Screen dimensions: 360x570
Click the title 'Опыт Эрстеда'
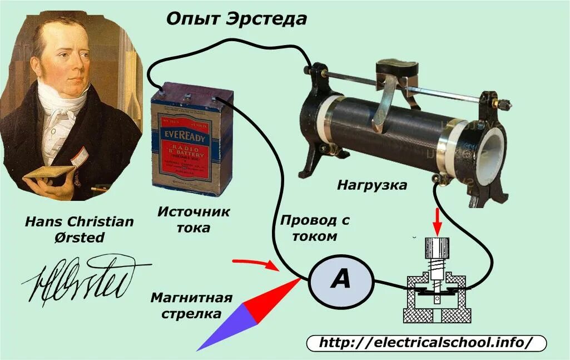[236, 18]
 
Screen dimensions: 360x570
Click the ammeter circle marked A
[340, 280]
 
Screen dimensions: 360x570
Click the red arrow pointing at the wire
[254, 263]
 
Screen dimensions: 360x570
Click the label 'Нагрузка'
[372, 185]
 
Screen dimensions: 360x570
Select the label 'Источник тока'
[193, 220]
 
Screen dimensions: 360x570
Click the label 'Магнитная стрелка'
[191, 305]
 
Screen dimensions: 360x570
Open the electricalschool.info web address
[426, 342]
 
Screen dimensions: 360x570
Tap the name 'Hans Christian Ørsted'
[80, 229]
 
